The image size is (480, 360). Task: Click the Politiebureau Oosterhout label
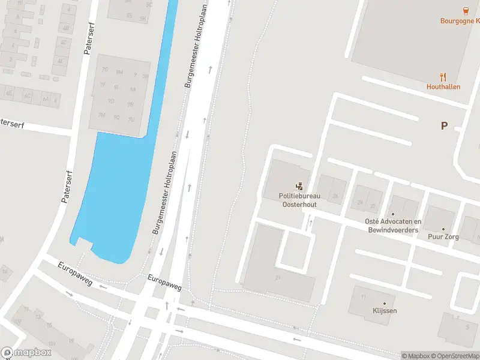click(299, 200)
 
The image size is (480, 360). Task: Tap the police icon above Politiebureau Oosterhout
click(299, 187)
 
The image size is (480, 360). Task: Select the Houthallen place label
click(443, 86)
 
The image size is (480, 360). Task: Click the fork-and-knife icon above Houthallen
click(443, 76)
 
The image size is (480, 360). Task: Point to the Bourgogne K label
click(460, 20)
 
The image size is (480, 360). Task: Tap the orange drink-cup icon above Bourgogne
click(465, 10)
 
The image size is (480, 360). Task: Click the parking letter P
click(444, 126)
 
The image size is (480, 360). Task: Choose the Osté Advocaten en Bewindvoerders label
click(393, 226)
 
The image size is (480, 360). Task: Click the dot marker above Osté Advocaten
click(393, 214)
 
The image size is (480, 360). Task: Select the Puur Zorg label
click(443, 237)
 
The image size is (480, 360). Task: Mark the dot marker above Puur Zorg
click(443, 229)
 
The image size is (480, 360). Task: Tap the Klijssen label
click(385, 311)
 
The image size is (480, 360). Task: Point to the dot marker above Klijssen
click(385, 303)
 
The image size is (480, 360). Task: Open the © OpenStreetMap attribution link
click(454, 356)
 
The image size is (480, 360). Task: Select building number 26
click(335, 196)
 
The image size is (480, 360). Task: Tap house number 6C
click(27, 96)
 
